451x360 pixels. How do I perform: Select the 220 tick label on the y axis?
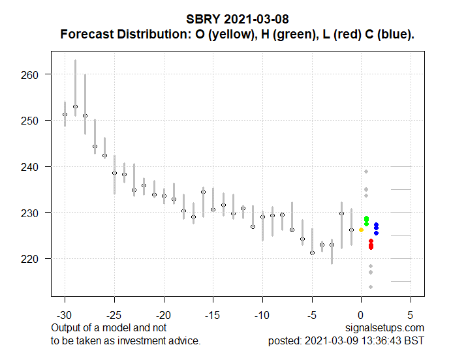tap(31, 259)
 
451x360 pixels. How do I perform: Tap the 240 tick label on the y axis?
tap(31, 167)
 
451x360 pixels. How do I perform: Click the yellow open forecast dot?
tap(362, 230)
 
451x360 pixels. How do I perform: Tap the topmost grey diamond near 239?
tap(367, 172)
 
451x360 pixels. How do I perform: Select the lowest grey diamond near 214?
tap(371, 287)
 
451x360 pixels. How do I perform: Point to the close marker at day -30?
tap(65, 115)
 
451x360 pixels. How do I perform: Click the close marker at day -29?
tap(75, 106)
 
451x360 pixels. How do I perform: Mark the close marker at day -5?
tap(312, 252)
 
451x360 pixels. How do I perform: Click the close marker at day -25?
tap(114, 173)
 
